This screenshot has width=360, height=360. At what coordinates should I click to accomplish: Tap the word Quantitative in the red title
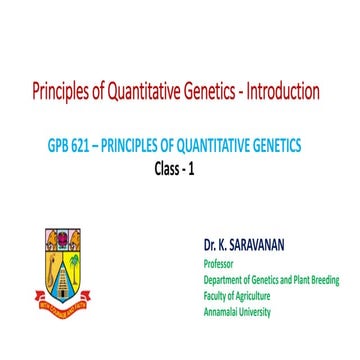click(144, 92)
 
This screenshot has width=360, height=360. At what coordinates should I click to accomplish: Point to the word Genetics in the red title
click(212, 92)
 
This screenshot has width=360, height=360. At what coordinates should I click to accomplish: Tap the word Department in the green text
click(226, 280)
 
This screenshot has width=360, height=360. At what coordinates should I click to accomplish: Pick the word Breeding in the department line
click(322, 280)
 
